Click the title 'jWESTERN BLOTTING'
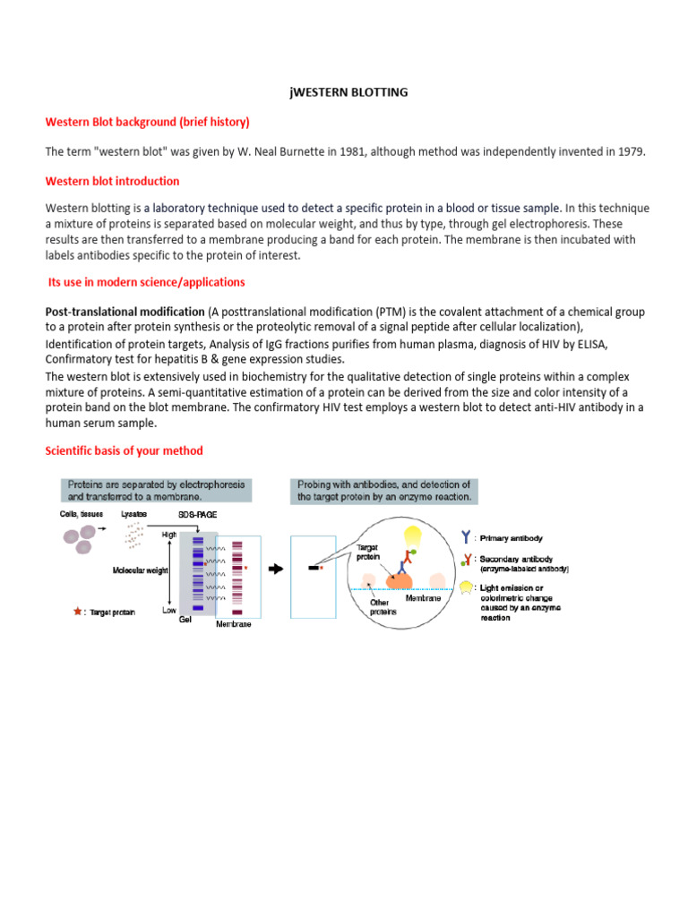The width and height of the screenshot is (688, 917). coord(345,91)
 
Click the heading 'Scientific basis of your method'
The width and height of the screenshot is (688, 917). coord(125,450)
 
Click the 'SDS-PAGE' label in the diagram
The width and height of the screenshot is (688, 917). coord(198,515)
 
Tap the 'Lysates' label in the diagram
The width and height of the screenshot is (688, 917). coord(134,515)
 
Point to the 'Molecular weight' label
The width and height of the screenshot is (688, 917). coord(140,570)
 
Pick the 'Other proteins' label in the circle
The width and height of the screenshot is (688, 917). coord(383,608)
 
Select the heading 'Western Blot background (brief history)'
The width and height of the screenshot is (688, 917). coord(148,121)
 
